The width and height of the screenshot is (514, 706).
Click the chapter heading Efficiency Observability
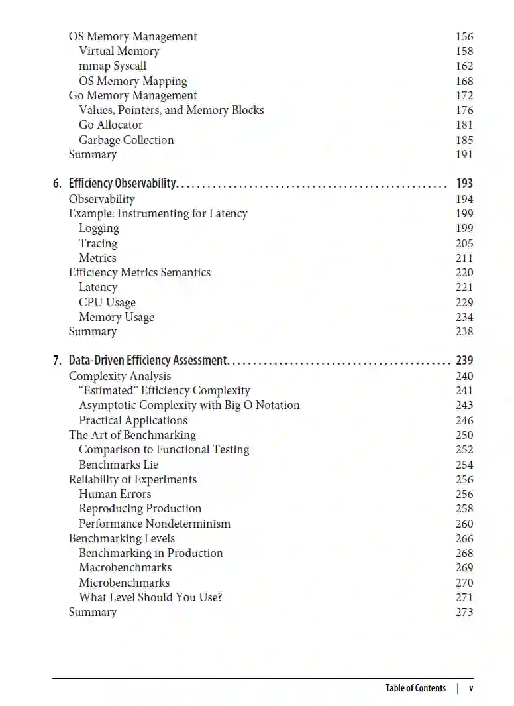tap(122, 184)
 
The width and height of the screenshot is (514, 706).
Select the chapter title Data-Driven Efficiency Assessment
tap(148, 361)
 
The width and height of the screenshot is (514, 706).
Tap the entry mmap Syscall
tap(113, 66)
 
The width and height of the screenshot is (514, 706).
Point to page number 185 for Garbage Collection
tap(464, 140)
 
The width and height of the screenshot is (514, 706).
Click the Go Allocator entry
tap(111, 125)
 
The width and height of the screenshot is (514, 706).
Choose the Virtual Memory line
tap(119, 52)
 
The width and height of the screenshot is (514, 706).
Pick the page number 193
tap(464, 184)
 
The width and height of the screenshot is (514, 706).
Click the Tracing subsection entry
tap(98, 243)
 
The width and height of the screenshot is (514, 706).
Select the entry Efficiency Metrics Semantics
tap(140, 272)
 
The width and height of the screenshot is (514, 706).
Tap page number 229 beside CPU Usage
tap(464, 302)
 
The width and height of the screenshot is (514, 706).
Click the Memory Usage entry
tap(117, 317)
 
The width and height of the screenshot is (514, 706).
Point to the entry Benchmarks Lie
tap(119, 465)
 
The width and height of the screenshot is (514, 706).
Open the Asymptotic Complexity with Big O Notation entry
tap(189, 405)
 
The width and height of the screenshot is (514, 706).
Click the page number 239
tap(464, 361)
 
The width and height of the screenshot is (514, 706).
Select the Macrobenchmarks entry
tap(125, 567)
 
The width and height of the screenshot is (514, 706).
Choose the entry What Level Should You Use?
tap(150, 597)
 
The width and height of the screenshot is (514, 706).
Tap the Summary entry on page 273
tap(93, 612)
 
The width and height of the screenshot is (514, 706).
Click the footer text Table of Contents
tap(415, 688)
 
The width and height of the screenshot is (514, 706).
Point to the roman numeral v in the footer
tap(471, 688)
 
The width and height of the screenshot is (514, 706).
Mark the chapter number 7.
tap(56, 361)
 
